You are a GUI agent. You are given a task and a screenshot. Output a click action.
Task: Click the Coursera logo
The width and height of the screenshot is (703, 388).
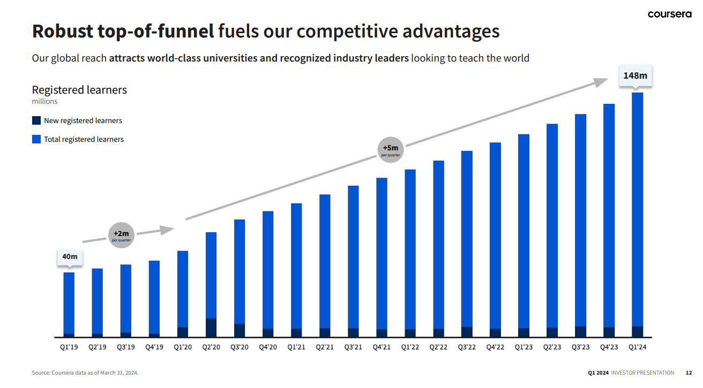[669, 14]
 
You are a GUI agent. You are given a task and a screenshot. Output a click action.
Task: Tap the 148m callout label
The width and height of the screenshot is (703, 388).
[635, 75]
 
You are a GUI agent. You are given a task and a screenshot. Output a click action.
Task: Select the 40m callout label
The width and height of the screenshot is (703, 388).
[70, 257]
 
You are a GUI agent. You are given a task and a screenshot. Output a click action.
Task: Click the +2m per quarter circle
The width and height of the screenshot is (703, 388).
[121, 235]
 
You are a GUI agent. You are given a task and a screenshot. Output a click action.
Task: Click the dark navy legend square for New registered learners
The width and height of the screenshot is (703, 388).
[36, 120]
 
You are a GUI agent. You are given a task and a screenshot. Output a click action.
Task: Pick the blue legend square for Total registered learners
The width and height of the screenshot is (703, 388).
[36, 139]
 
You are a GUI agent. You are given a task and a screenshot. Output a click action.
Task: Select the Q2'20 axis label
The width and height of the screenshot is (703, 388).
[211, 347]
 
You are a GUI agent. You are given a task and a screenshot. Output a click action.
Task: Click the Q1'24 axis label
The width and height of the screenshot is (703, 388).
[638, 347]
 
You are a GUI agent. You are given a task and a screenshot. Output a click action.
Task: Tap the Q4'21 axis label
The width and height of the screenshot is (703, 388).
[382, 347]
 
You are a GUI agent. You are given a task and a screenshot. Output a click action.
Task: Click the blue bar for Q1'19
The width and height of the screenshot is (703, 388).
[69, 302]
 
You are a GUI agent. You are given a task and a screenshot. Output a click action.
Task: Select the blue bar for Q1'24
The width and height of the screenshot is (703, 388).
[638, 209]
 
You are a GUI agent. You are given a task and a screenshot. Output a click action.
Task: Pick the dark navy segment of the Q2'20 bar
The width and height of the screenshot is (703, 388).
[211, 328]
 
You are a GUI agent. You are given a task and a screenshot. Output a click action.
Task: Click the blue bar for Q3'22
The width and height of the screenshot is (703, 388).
[467, 238]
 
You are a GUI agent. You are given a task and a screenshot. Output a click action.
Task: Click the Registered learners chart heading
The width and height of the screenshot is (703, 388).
[79, 89]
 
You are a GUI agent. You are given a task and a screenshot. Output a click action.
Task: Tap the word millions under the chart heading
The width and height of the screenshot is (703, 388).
[44, 101]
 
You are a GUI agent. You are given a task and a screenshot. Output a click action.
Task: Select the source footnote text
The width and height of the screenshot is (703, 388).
[85, 372]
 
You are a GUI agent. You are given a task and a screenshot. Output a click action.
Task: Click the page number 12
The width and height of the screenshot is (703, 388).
[689, 372]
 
